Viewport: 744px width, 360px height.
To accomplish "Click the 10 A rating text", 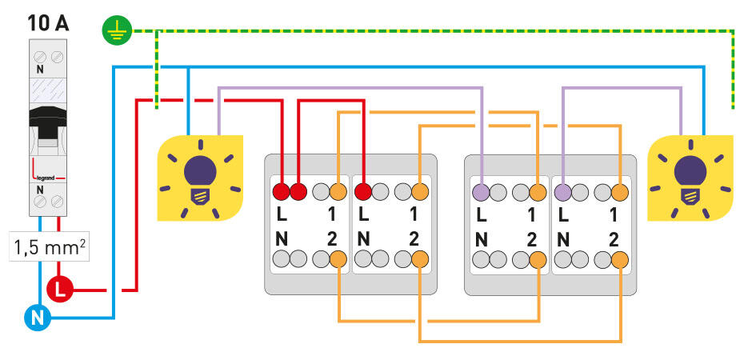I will pos(49,21).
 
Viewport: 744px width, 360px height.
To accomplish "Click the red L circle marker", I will pos(60,290).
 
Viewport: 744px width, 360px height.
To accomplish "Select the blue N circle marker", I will pos(36,319).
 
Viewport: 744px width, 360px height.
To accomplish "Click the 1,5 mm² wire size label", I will pos(49,248).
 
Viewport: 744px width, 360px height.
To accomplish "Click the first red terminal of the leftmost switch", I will pos(282,192).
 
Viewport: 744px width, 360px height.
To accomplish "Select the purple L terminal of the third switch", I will pos(482,192).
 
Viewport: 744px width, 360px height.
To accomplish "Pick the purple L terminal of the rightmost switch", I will pos(563,192).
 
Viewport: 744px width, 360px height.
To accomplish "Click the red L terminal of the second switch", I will pos(363,192).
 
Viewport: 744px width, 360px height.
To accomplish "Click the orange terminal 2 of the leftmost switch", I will pos(338,258).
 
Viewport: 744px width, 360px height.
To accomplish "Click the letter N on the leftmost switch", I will pos(282,238).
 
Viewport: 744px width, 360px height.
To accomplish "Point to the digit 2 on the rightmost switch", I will pos(614,238).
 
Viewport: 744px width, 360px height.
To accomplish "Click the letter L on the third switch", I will pos(481,214).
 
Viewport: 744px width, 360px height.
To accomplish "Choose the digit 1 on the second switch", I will pos(413,214).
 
